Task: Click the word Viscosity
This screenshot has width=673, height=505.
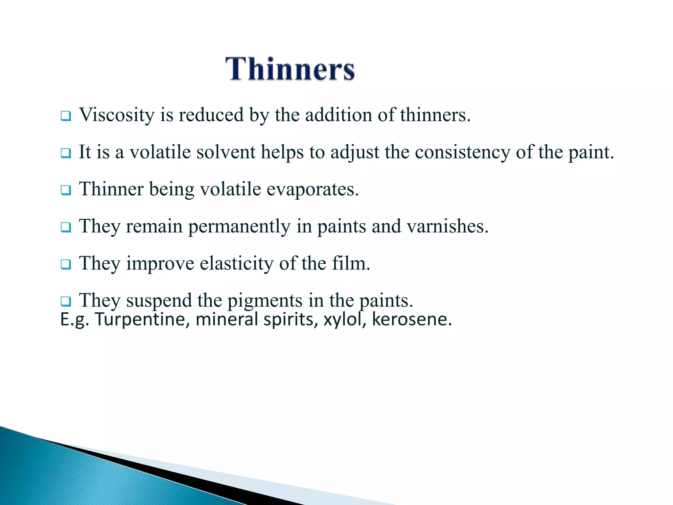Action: pos(117,115)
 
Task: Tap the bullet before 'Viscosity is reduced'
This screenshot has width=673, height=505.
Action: pos(66,116)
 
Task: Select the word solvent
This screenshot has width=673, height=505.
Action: pos(226,152)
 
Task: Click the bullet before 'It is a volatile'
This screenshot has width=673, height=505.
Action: pos(66,153)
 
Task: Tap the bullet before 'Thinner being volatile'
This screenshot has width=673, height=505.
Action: pos(66,190)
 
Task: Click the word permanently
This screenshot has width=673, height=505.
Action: pos(239,227)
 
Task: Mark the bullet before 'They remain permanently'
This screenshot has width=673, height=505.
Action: pos(66,228)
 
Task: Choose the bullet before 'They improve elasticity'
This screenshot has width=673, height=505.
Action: pos(66,265)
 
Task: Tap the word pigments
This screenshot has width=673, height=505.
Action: pos(265,301)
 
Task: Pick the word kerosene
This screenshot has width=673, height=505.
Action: pos(412,320)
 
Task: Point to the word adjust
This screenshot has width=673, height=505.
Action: pos(355,152)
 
